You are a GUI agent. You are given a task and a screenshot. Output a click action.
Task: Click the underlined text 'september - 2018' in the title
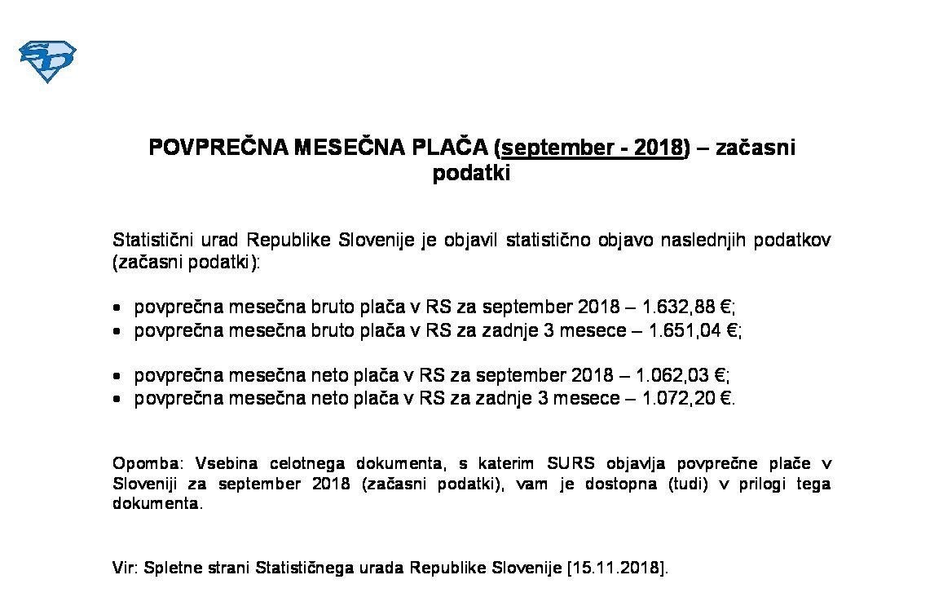point(592,148)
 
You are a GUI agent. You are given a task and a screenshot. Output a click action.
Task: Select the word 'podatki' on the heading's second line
point(471,174)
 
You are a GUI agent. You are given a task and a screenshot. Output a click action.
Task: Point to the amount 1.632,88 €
point(688,307)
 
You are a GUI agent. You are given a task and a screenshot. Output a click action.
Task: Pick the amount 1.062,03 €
point(681,375)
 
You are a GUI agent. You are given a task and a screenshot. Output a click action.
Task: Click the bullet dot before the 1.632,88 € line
point(118,308)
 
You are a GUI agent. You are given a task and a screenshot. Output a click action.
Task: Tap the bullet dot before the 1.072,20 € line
point(118,399)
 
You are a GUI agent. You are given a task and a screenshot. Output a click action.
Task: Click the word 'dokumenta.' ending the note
point(156,503)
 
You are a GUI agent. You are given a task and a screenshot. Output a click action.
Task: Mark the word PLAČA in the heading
point(452,148)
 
